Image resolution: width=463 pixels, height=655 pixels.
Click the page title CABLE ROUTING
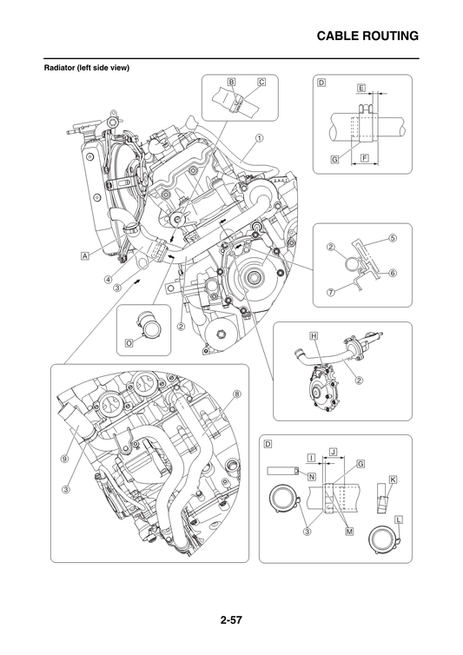[367, 36]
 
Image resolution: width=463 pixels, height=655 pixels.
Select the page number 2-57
[231, 620]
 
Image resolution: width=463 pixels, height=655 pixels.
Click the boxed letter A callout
[85, 256]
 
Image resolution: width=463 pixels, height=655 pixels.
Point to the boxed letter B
[231, 82]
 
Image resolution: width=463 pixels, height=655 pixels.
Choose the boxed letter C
[261, 82]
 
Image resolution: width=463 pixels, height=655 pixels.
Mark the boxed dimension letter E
[360, 88]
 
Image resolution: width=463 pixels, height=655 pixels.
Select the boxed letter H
[312, 334]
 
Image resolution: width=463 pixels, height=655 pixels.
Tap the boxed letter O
[128, 343]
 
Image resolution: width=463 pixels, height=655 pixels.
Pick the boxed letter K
[393, 479]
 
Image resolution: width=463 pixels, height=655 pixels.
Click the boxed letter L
[398, 519]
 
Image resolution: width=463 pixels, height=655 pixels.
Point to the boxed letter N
[311, 477]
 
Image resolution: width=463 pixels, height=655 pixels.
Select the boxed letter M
[349, 531]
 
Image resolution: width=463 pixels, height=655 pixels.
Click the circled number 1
[259, 138]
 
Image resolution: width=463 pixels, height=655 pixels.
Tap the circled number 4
[108, 280]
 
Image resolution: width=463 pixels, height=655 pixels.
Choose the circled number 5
[393, 237]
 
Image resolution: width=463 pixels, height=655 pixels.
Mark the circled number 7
[330, 292]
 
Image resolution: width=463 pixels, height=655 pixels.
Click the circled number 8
[236, 394]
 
